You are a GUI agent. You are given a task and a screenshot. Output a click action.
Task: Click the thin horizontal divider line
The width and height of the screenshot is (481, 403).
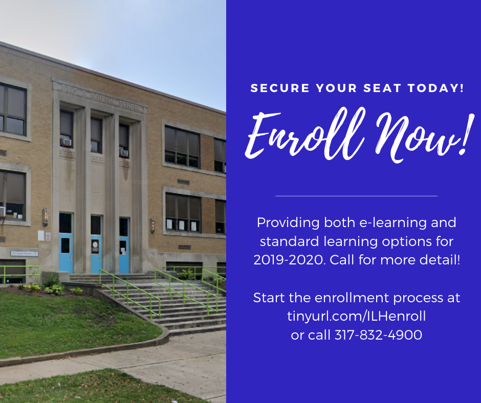[x=356, y=196]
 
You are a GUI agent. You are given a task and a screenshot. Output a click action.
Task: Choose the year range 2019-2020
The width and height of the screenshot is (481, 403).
[x=289, y=260]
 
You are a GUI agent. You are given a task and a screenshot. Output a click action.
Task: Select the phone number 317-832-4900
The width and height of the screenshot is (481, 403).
[x=378, y=335]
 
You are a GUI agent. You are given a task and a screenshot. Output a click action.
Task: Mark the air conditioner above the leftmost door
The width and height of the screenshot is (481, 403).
[x=66, y=143]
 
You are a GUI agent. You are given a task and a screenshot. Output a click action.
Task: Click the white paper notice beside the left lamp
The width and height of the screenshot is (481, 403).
[x=40, y=235]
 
